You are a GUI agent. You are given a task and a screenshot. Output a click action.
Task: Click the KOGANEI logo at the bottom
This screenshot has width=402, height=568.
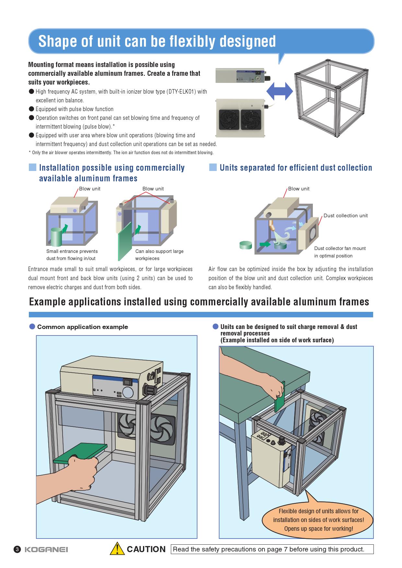click(x=46, y=550)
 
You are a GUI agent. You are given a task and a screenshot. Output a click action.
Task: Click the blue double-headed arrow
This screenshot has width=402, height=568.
click(x=279, y=91)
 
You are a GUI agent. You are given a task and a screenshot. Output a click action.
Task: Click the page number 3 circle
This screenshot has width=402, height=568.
click(x=17, y=550)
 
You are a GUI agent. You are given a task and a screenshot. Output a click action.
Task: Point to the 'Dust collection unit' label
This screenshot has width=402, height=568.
click(x=345, y=216)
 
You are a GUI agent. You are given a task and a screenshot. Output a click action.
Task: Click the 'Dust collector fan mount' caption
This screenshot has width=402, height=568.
click(x=339, y=252)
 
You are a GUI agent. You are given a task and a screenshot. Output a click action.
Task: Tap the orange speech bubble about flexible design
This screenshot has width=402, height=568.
click(x=318, y=520)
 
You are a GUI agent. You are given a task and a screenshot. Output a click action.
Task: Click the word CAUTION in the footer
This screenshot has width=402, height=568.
click(x=146, y=549)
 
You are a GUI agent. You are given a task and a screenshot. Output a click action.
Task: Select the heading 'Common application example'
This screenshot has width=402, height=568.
click(x=82, y=327)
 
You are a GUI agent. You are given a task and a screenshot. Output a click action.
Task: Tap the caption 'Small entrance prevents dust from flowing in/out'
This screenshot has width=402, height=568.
click(x=72, y=255)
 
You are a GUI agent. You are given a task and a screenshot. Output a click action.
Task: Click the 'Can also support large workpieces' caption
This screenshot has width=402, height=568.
click(x=159, y=255)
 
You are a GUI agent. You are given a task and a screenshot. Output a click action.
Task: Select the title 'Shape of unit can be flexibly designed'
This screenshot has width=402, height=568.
click(x=157, y=41)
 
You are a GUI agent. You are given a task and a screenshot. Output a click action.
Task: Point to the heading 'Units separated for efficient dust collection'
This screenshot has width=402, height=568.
click(x=296, y=168)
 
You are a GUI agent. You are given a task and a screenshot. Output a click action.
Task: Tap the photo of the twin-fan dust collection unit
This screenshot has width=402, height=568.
click(x=240, y=118)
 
